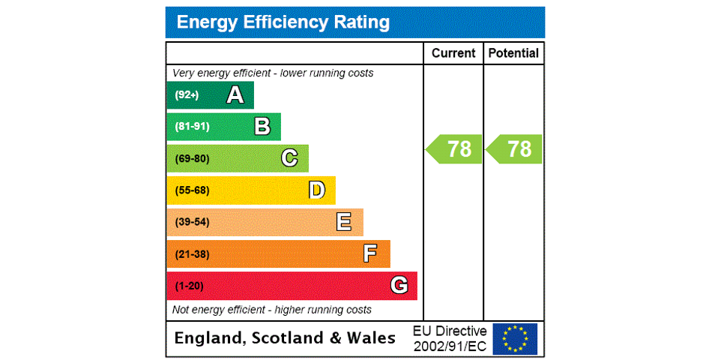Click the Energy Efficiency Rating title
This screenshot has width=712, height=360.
click(283, 22)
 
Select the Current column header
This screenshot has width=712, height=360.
click(453, 53)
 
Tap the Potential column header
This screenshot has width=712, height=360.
click(513, 53)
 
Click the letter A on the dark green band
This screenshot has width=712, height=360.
click(235, 95)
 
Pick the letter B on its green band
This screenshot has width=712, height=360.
click(262, 127)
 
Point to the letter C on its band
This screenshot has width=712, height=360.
click(289, 158)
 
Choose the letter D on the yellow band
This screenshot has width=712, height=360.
click(317, 190)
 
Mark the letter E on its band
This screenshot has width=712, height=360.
click(344, 222)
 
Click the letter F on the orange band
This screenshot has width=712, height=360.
click(370, 254)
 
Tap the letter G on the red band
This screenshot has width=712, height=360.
click(399, 286)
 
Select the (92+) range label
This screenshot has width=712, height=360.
click(187, 95)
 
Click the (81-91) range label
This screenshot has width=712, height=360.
click(192, 127)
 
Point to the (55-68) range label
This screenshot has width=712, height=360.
click(192, 190)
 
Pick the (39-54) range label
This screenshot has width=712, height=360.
click(192, 222)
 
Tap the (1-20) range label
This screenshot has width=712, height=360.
click(189, 286)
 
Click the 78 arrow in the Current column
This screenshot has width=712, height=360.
click(455, 149)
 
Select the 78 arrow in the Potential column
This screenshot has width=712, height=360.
click(515, 149)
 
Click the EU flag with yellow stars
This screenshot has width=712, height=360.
click(515, 338)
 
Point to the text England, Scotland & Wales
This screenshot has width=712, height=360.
click(285, 338)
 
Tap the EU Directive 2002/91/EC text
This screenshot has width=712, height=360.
click(450, 338)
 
